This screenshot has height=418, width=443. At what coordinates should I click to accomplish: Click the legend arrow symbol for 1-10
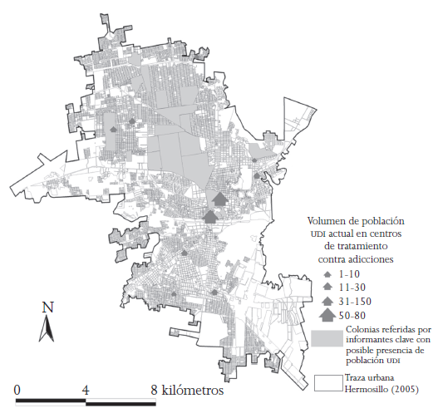click(327, 273)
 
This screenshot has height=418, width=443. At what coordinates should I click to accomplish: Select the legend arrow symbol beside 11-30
click(327, 287)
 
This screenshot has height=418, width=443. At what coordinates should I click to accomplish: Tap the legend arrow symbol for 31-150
click(327, 300)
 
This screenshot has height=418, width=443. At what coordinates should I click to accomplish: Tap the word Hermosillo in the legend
click(366, 389)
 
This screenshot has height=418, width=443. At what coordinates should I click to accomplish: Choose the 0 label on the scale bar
click(18, 388)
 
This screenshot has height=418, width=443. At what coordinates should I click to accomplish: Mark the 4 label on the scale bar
click(86, 388)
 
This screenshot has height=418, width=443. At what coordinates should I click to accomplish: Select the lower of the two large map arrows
click(210, 214)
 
